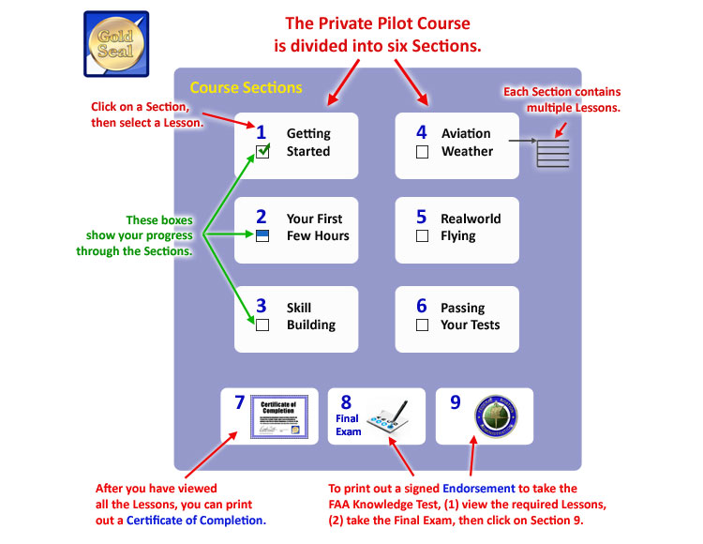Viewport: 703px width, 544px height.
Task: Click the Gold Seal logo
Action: pyautogui.click(x=116, y=43)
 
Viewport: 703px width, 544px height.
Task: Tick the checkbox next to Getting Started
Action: pyautogui.click(x=262, y=151)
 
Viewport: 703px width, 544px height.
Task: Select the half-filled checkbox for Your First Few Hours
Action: pyautogui.click(x=262, y=235)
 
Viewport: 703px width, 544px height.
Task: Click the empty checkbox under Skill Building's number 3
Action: pyautogui.click(x=262, y=325)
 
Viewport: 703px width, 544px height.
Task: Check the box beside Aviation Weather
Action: pyautogui.click(x=422, y=151)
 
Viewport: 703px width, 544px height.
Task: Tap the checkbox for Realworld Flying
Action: pyautogui.click(x=422, y=235)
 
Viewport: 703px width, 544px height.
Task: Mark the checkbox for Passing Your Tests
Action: pyautogui.click(x=422, y=325)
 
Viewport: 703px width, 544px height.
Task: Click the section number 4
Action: pyautogui.click(x=422, y=132)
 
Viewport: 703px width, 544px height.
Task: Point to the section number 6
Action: pyautogui.click(x=422, y=306)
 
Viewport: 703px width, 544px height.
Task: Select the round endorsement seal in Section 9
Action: pyautogui.click(x=497, y=416)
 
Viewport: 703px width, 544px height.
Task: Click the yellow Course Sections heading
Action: pyautogui.click(x=246, y=88)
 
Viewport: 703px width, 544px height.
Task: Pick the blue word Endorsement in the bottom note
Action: pyautogui.click(x=483, y=488)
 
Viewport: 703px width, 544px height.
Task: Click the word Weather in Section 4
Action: pyautogui.click(x=467, y=151)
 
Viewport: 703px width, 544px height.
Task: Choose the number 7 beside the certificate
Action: pyautogui.click(x=240, y=403)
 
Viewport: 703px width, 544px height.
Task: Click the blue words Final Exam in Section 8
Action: pyautogui.click(x=348, y=425)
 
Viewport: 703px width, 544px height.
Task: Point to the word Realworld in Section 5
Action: pyautogui.click(x=471, y=219)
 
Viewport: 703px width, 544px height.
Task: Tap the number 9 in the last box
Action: pyautogui.click(x=456, y=403)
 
